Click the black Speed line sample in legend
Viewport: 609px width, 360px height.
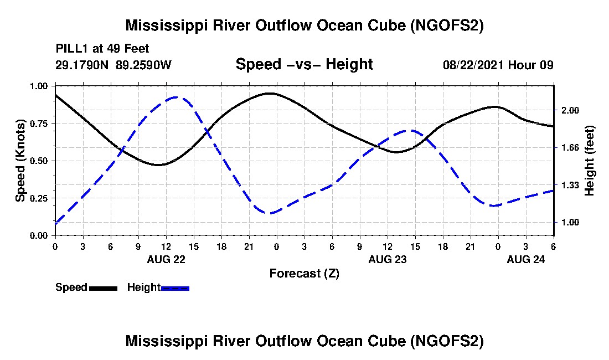coord(103,288)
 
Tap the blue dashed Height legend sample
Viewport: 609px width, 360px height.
coord(175,288)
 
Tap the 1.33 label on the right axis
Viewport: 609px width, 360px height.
coord(570,185)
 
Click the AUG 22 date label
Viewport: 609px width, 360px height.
coord(166,259)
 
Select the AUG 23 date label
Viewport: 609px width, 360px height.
coord(387,259)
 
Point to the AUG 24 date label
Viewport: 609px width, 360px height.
coord(525,259)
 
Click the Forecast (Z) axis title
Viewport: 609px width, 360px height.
coord(304,274)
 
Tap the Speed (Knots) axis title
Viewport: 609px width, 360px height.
coord(20,161)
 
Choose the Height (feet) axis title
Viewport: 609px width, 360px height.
coord(590,161)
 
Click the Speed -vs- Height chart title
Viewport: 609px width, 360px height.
coord(304,64)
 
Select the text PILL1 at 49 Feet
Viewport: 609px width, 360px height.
coord(102,49)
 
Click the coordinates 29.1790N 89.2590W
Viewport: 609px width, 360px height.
coord(113,65)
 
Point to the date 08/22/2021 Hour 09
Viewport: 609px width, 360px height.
coord(498,65)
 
